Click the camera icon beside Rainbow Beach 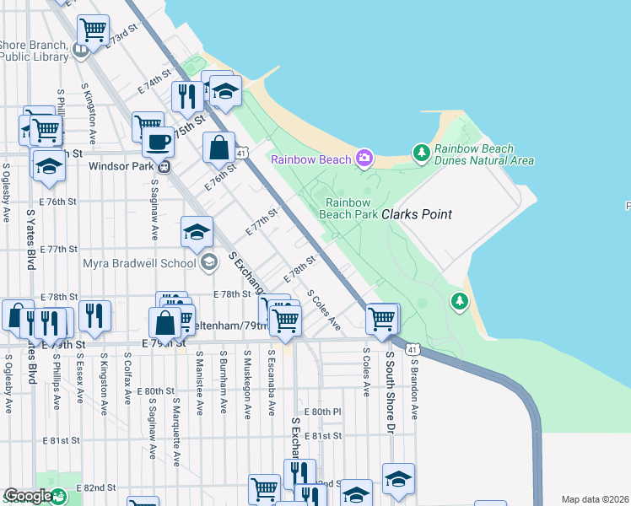364,158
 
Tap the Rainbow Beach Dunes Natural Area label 483,154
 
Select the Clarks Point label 417,215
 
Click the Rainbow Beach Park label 348,208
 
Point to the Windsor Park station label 121,166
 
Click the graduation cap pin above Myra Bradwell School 197,232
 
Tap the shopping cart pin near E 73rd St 93,30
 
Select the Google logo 28,496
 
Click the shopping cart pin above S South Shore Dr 382,319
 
